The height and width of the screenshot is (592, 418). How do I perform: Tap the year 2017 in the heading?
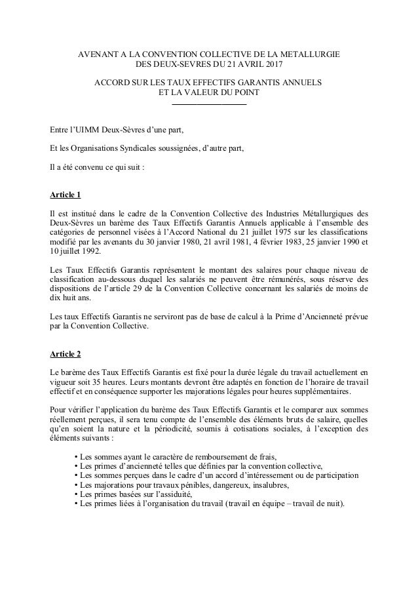[274, 65]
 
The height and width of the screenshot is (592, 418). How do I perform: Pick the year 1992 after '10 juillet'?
[91, 254]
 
